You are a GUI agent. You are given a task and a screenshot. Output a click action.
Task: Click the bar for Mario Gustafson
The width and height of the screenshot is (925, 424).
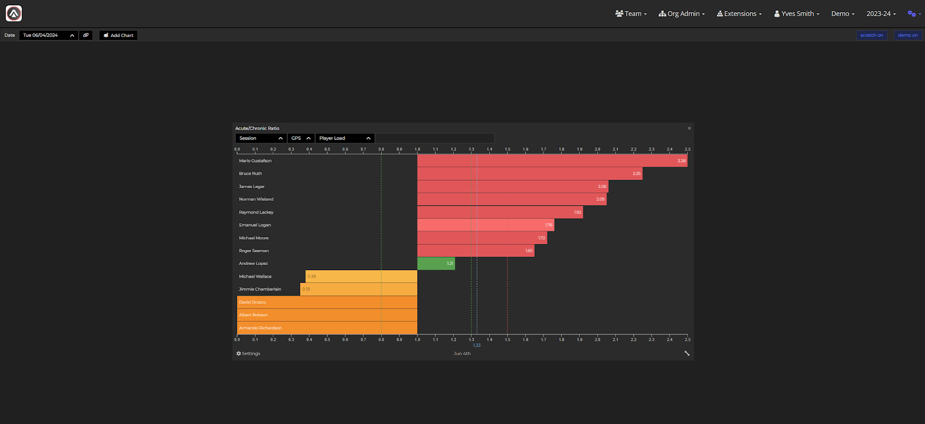coord(552,161)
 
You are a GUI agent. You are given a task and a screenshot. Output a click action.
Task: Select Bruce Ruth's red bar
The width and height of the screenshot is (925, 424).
coord(530,174)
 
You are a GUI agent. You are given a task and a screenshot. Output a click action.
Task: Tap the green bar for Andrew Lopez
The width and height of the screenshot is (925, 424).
coord(436,264)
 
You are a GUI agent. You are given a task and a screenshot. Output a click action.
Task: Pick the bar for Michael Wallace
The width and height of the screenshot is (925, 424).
coord(361,276)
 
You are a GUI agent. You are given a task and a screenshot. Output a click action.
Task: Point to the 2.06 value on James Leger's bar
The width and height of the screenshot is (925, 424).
coord(602,186)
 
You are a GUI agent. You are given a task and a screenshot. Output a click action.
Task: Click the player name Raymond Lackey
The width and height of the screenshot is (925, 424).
coord(256,212)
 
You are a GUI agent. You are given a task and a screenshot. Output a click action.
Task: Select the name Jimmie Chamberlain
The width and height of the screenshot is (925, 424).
coord(260,289)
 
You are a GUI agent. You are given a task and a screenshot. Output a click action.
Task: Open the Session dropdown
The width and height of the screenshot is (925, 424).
coord(261,138)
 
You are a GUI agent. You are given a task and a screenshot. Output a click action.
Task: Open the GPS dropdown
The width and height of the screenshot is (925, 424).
coord(301,138)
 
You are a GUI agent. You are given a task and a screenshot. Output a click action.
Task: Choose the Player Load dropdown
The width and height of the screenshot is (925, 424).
coord(345,138)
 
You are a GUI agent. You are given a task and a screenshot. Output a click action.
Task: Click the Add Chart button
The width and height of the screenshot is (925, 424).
coord(118,35)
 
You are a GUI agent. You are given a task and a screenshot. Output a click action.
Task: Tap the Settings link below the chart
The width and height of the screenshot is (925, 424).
coord(249,353)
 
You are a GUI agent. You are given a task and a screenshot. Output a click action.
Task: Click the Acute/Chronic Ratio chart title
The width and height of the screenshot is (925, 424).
coord(257,128)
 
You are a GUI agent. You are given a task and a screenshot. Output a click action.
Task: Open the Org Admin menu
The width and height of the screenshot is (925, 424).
coord(682,14)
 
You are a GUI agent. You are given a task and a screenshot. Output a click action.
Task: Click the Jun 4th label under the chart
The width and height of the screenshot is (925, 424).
coord(462,353)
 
